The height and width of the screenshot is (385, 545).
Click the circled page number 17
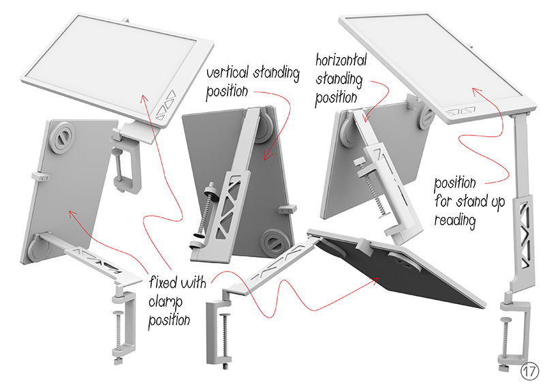(x=529, y=371)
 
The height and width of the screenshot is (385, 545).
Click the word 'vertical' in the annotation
(x=228, y=72)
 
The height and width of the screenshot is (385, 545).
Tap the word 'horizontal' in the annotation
(x=341, y=59)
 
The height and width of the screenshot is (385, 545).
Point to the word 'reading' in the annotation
(x=454, y=221)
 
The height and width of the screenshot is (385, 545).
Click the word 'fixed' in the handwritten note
(x=163, y=282)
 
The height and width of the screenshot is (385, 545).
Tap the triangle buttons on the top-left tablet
(x=166, y=105)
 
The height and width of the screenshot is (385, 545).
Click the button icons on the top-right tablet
(x=461, y=111)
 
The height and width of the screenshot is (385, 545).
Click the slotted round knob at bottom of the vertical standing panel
(x=275, y=244)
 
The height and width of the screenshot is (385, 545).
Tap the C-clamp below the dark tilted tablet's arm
(x=219, y=333)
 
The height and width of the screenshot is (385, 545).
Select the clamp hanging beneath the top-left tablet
(x=127, y=160)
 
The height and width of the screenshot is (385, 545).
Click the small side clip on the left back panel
(x=41, y=176)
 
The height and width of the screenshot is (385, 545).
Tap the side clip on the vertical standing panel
(x=288, y=209)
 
